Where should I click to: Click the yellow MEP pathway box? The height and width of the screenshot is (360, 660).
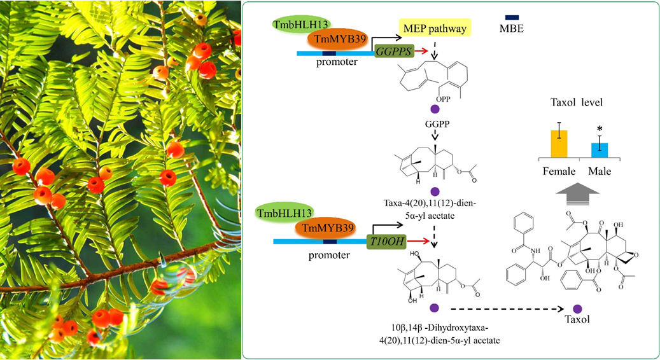point(435,28)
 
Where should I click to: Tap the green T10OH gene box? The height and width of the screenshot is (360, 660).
point(387,242)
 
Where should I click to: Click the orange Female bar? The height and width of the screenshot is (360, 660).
point(559,144)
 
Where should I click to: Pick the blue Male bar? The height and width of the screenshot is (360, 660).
point(600,150)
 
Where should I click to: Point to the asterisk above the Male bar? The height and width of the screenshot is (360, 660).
point(600,129)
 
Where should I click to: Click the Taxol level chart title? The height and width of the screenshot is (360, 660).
point(577,102)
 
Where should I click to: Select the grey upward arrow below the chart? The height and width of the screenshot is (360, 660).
point(577,194)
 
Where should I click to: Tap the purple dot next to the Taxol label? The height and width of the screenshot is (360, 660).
point(577,308)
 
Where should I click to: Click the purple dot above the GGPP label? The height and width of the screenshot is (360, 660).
point(435,109)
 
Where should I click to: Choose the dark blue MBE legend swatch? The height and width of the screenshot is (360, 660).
point(512,18)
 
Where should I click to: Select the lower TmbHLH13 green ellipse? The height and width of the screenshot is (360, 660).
point(284,213)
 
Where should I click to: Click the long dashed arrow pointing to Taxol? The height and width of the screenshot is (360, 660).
point(507,309)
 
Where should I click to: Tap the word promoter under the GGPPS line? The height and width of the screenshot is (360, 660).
point(337,62)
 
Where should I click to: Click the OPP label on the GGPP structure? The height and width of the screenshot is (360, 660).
point(443,99)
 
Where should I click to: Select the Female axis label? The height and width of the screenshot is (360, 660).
point(559,172)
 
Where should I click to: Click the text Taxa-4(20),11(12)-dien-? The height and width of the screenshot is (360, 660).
point(430,203)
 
